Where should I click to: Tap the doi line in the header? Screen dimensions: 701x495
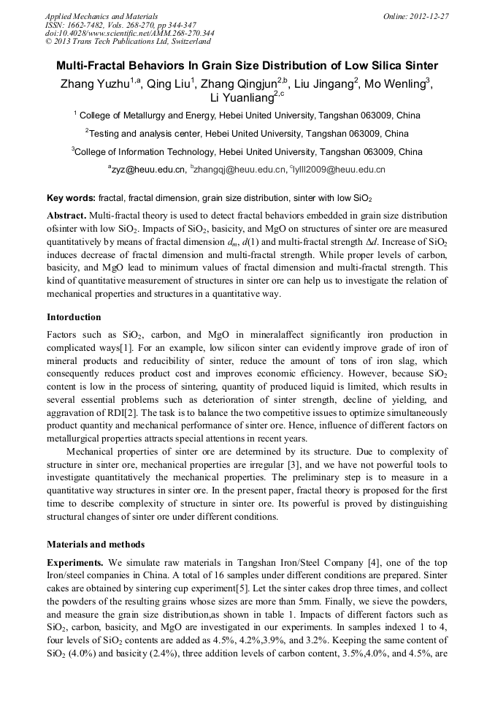point(129,33)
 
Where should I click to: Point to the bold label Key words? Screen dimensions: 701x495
point(71,198)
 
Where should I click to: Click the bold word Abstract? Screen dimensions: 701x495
point(66,215)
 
